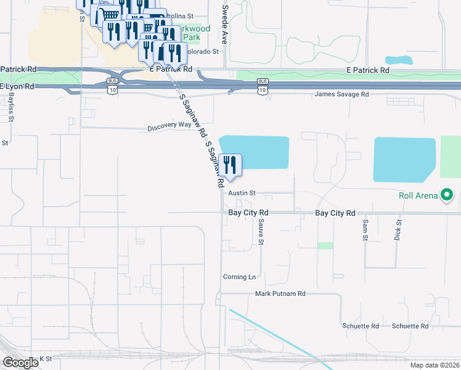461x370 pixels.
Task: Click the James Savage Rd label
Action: [x=341, y=94]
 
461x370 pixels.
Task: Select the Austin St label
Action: [x=242, y=193]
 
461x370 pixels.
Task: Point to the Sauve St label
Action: [x=261, y=232]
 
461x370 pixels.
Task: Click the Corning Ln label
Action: [x=239, y=277]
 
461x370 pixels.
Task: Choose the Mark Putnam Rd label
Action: [x=280, y=294]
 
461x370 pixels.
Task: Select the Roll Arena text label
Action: [x=417, y=197]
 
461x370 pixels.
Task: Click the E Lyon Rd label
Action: [x=17, y=87]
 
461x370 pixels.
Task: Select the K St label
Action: [x=46, y=358]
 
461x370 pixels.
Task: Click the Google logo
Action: [x=20, y=363]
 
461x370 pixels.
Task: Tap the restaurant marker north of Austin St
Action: [x=230, y=165]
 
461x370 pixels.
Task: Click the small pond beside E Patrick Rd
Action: [x=399, y=60]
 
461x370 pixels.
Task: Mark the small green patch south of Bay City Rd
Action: [x=325, y=245]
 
